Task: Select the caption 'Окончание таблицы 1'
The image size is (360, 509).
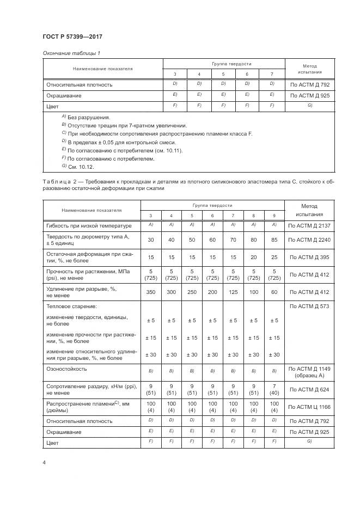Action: click(71, 53)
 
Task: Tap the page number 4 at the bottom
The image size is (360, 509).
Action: click(44, 462)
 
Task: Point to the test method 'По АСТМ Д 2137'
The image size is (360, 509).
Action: click(309, 225)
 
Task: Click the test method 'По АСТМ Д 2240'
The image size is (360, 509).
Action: click(309, 238)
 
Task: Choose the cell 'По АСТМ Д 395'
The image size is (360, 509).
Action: click(309, 256)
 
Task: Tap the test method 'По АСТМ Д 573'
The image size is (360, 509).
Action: click(309, 306)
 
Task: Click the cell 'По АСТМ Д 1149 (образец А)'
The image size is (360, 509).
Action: click(309, 372)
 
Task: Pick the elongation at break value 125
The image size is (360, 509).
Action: click(233, 292)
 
